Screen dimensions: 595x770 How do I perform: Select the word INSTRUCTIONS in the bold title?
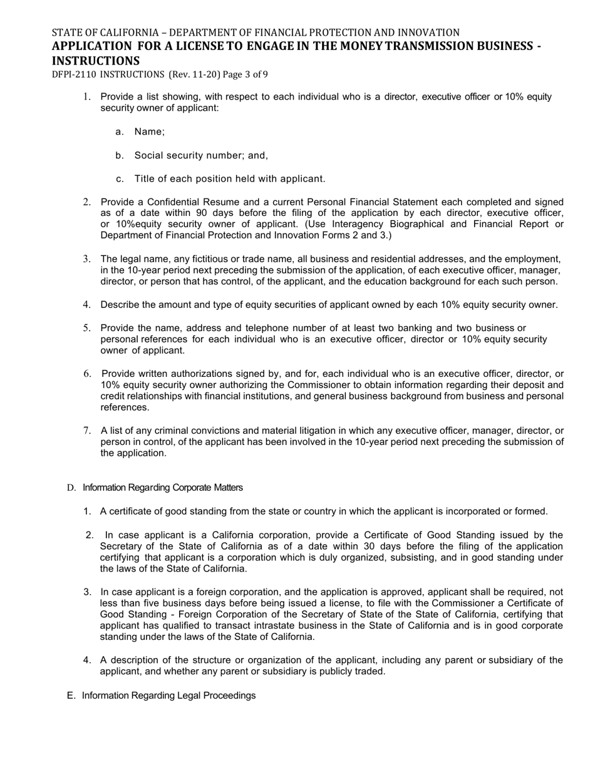[96, 61]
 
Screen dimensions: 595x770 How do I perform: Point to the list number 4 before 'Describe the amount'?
[86, 305]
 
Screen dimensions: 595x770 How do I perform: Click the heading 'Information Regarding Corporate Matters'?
[163, 488]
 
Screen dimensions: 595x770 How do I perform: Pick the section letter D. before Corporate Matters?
[71, 488]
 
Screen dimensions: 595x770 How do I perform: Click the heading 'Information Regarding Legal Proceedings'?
[168, 696]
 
